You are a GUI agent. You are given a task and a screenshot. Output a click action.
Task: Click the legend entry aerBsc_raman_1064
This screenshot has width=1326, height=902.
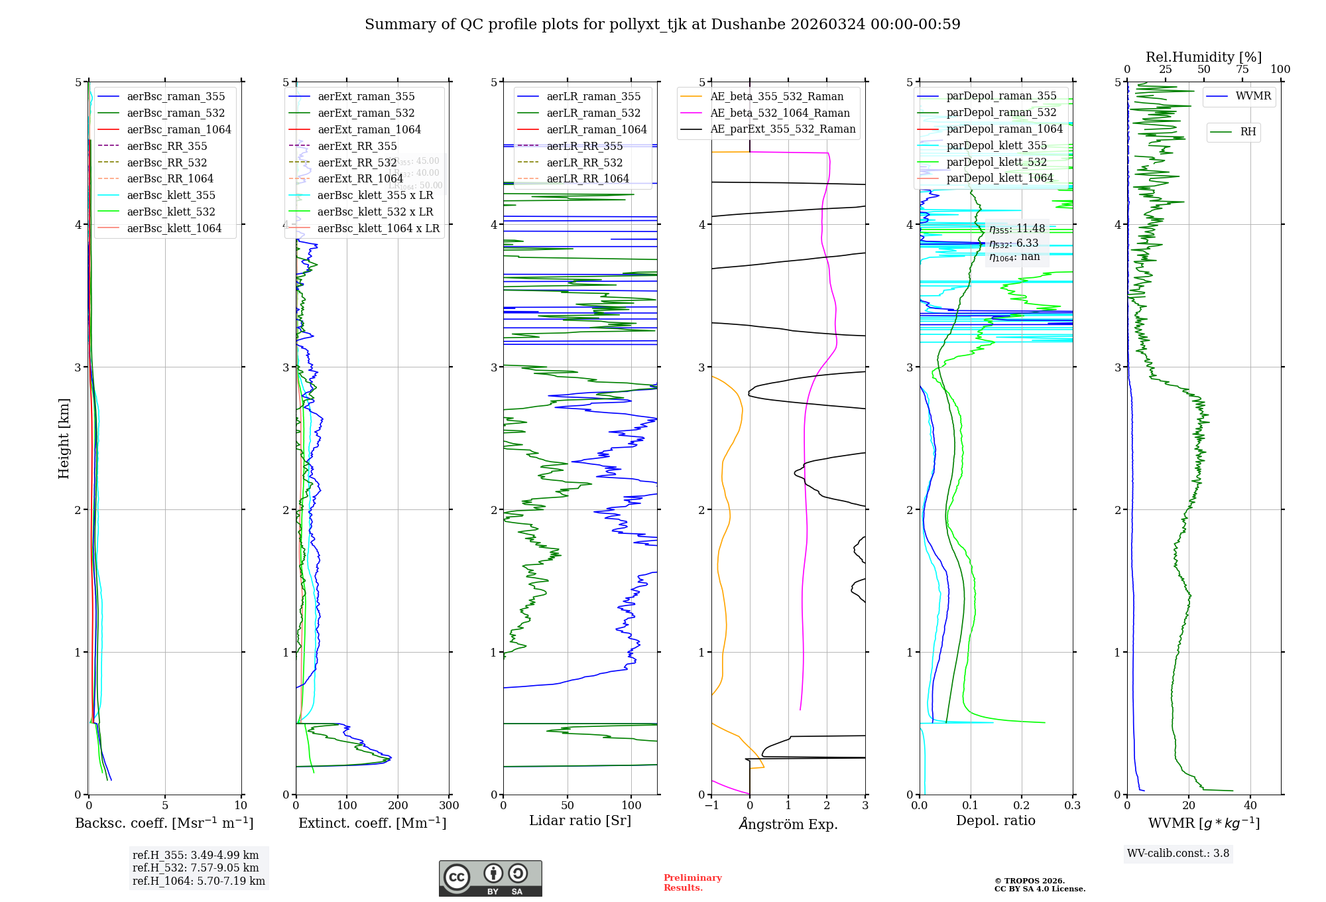click(179, 129)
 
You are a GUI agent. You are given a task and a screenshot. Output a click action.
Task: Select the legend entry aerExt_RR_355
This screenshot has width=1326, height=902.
click(357, 146)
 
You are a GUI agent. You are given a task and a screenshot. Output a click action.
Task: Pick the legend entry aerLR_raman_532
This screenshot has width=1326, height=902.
click(593, 113)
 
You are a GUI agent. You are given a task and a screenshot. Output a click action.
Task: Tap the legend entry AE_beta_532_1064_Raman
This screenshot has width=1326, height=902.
click(780, 113)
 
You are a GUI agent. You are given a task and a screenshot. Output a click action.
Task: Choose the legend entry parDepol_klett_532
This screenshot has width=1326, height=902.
click(996, 162)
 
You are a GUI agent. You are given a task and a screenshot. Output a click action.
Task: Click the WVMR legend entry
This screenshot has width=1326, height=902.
click(1253, 96)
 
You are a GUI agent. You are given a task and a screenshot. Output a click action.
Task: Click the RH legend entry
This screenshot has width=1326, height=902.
click(1248, 132)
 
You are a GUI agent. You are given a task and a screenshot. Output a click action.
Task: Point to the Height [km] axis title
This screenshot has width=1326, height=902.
click(64, 438)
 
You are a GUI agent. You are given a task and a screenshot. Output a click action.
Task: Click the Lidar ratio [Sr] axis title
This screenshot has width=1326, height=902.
click(579, 820)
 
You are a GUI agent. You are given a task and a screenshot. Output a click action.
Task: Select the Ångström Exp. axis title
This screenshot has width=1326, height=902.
click(788, 824)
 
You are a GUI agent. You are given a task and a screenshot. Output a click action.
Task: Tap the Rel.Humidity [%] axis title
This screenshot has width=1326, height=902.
click(1203, 57)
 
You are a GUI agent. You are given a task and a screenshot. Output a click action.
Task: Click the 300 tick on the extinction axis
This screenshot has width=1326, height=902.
click(449, 806)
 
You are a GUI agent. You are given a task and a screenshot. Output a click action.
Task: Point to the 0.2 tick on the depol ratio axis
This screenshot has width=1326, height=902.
click(1022, 806)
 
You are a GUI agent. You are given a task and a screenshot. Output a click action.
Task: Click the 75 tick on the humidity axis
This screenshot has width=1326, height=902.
click(1242, 70)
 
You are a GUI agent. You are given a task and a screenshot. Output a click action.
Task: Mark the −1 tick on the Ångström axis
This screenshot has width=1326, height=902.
click(711, 806)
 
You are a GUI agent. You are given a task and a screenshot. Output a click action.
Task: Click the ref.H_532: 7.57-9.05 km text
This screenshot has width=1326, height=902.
click(196, 868)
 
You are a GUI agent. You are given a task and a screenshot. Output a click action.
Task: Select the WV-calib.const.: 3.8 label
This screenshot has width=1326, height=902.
click(1178, 854)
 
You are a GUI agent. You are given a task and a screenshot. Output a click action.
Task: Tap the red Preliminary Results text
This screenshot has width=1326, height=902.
click(692, 883)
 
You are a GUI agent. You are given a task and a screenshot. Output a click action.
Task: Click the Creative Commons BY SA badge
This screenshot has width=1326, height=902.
click(490, 878)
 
